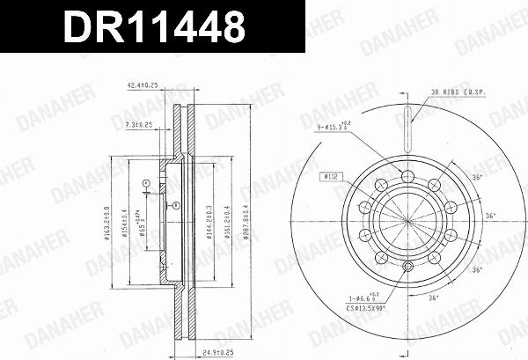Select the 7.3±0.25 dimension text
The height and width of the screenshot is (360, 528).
point(139,126)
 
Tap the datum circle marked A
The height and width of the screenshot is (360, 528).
point(146,183)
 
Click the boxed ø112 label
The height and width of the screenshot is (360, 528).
point(333,177)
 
